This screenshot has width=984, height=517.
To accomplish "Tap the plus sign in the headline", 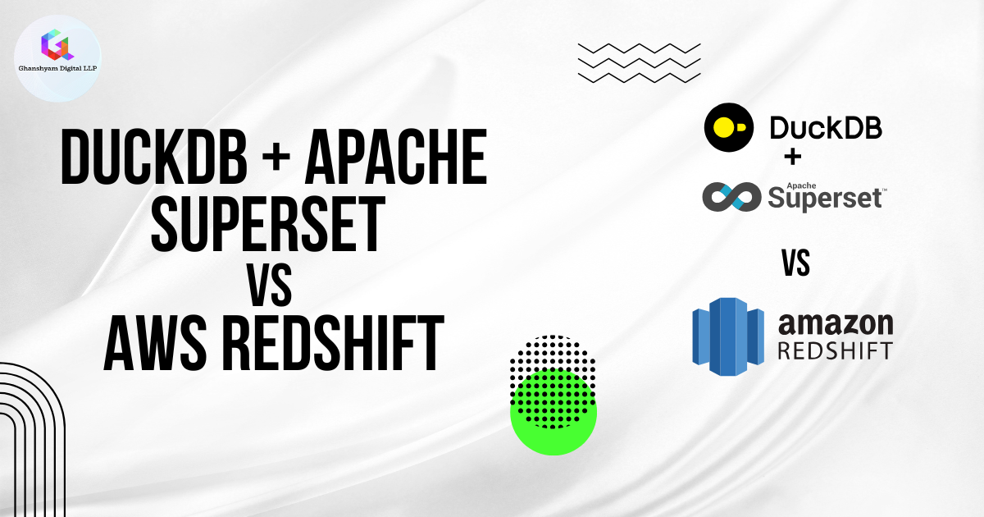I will click(275, 158).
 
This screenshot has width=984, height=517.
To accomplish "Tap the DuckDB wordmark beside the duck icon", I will click(825, 129).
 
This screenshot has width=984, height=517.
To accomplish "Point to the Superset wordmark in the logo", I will click(824, 197).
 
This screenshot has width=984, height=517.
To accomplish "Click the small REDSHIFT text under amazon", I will click(834, 350).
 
